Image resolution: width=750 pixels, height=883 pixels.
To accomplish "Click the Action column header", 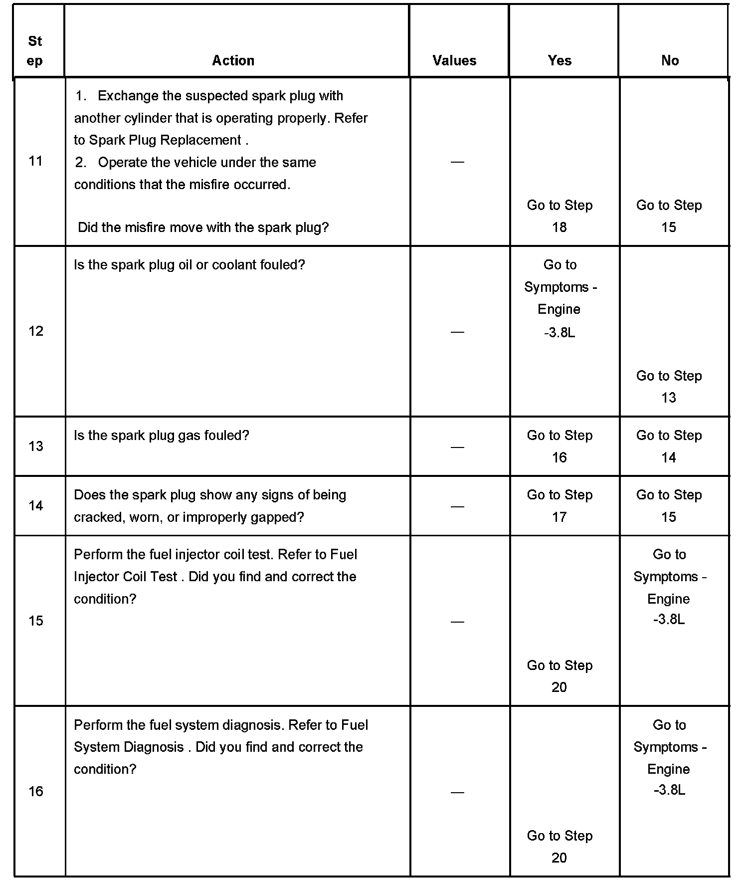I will pyautogui.click(x=233, y=60).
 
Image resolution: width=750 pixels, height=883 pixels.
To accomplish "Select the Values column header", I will pyautogui.click(x=454, y=60).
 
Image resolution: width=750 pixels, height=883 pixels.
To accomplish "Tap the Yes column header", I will pyautogui.click(x=560, y=60).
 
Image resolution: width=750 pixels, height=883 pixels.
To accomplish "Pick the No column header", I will pyautogui.click(x=670, y=60).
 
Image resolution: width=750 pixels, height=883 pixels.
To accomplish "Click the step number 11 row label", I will pyautogui.click(x=35, y=161).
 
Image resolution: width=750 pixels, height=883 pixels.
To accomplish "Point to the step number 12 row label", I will pyautogui.click(x=35, y=331).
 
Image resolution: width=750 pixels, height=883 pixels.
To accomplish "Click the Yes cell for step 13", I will pyautogui.click(x=560, y=446).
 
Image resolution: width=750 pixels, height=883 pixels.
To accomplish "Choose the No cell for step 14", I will pyautogui.click(x=669, y=505).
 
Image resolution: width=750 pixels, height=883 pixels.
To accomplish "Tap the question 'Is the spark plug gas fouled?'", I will pyautogui.click(x=161, y=435).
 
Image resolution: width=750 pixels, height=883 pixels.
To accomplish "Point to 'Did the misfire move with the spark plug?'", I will pyautogui.click(x=203, y=227).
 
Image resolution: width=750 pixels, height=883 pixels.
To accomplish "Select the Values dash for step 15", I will pyautogui.click(x=457, y=621).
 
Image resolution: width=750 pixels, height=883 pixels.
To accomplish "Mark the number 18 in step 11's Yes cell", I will pyautogui.click(x=559, y=227).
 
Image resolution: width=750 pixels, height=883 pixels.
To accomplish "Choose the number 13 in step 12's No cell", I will pyautogui.click(x=668, y=398).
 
